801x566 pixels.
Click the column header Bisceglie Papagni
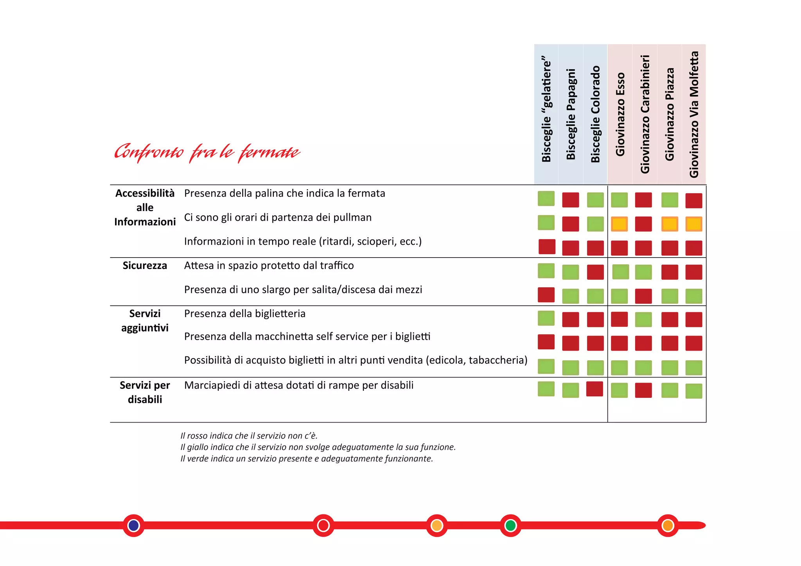(x=571, y=114)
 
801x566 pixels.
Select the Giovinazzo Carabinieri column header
(x=645, y=114)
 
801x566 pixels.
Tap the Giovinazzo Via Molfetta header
(x=694, y=114)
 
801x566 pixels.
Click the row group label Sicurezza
(x=145, y=266)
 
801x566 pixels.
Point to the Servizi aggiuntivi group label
(x=145, y=321)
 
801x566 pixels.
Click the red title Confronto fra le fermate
(x=207, y=152)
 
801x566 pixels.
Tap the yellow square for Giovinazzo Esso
(x=619, y=224)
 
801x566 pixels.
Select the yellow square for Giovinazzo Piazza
(x=670, y=224)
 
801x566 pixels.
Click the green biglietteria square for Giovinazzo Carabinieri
(x=643, y=319)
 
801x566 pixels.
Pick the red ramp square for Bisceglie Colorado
(x=594, y=389)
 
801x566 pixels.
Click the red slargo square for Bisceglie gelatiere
(x=546, y=295)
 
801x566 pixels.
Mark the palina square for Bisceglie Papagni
(x=571, y=200)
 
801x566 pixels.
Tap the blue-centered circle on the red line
(x=134, y=525)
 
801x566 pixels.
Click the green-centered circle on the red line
(x=510, y=525)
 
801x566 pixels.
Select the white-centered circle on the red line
(x=323, y=525)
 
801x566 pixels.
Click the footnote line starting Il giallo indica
(x=318, y=447)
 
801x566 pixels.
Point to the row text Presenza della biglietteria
(x=245, y=314)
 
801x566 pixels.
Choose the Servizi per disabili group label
(x=145, y=392)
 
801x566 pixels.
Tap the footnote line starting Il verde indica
(x=307, y=459)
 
